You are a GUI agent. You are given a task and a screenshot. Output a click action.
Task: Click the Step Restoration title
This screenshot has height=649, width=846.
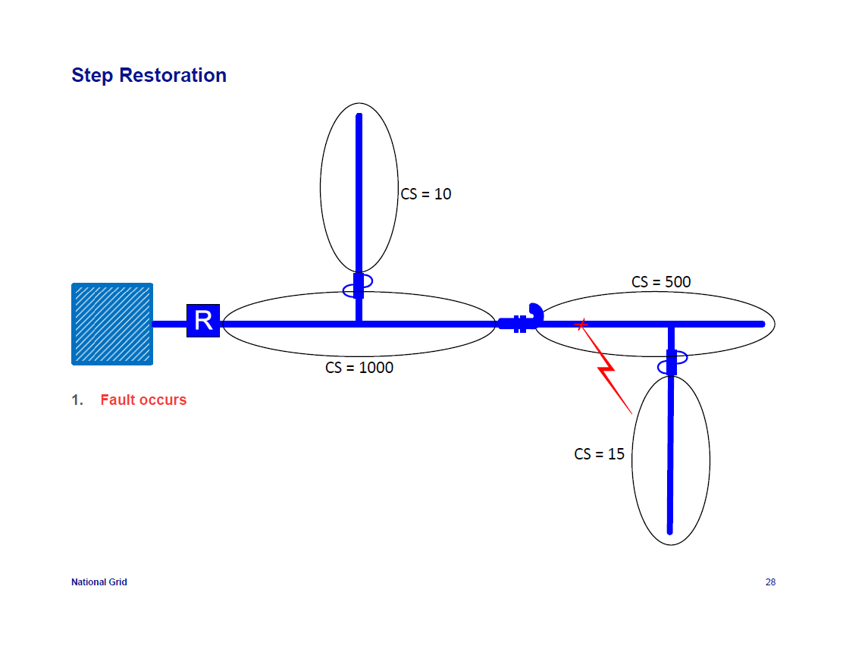click(149, 76)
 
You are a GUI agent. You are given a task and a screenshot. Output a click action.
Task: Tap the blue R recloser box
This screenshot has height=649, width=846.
click(203, 321)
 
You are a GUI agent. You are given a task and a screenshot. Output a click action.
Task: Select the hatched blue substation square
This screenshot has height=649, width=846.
click(112, 324)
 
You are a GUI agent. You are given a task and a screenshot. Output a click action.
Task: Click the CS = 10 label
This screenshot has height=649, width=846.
click(426, 194)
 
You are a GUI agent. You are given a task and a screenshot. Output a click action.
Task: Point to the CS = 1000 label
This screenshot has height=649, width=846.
click(359, 368)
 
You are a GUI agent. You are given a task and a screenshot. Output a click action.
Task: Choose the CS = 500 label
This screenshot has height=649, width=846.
click(661, 282)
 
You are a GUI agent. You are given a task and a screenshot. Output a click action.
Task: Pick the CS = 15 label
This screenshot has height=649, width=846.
click(599, 454)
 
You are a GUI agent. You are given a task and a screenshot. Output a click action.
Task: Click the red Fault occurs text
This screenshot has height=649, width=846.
click(143, 400)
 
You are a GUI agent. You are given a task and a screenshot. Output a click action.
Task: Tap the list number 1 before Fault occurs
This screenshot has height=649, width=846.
click(77, 400)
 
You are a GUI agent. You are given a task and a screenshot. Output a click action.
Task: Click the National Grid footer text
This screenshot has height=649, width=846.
click(99, 582)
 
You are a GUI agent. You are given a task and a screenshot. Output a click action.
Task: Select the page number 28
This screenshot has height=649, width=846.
click(770, 582)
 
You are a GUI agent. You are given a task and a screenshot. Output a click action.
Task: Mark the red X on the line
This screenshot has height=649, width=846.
click(581, 324)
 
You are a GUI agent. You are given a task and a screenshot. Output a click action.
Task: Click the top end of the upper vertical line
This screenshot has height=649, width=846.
click(359, 116)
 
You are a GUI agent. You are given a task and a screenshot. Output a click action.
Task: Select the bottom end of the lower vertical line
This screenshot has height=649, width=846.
click(670, 531)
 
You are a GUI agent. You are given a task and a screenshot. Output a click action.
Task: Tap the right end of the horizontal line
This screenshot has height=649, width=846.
click(762, 324)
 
